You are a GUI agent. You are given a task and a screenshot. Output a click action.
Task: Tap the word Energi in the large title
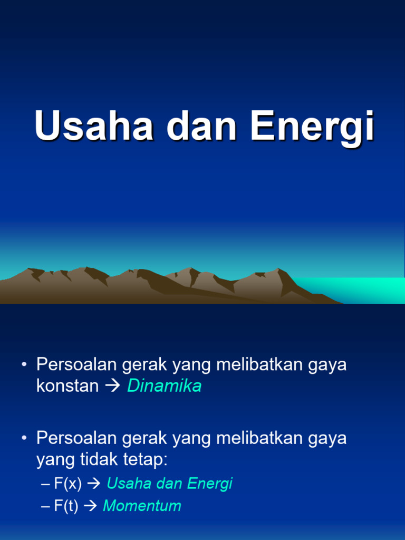313,127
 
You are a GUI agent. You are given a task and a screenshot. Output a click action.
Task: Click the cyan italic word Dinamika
165,386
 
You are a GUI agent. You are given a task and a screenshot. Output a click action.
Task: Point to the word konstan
67,386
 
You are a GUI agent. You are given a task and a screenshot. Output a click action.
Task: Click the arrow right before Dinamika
113,387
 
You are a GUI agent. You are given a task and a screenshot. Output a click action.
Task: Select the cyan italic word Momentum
142,506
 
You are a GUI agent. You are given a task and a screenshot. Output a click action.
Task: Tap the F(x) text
67,484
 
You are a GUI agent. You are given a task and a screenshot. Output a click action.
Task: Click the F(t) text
66,506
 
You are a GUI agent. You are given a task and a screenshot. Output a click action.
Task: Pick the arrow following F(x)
94,484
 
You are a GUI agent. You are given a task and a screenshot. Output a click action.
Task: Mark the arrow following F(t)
91,507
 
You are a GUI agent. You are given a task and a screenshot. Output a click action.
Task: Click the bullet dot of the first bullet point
24,365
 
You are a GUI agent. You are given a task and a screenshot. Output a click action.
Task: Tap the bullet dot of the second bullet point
24,438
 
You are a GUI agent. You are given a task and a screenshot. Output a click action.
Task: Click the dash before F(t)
45,507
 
